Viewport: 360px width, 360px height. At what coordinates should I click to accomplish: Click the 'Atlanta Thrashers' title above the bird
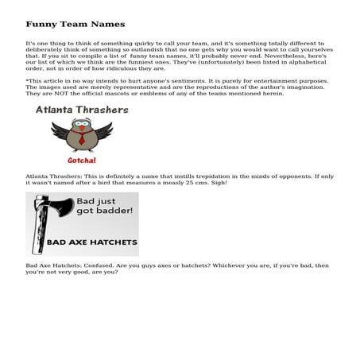82,110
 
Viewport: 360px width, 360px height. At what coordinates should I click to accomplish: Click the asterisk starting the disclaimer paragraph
27,81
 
